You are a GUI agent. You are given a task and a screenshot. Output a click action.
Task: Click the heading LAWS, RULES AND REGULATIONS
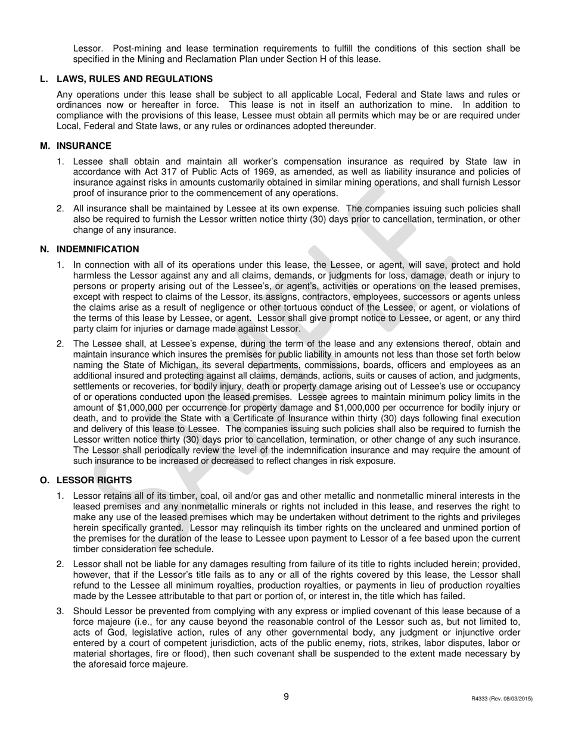click(134, 79)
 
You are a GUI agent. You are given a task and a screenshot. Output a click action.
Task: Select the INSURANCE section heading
click(83, 146)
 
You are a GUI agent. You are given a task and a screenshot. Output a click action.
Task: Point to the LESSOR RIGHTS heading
click(94, 480)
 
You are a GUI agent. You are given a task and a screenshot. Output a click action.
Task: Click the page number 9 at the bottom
click(286, 697)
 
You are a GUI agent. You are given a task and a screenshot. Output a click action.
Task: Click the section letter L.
click(43, 79)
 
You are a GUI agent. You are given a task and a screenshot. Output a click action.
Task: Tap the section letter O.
click(43, 480)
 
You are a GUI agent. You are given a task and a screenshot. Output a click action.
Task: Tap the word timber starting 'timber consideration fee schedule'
click(86, 549)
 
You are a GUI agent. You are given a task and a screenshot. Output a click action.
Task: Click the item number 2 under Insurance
click(60, 209)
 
